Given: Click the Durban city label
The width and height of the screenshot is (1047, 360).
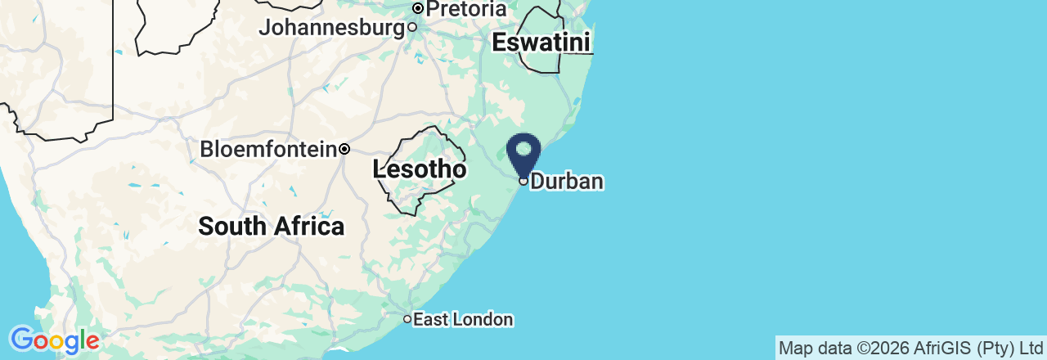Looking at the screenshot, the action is coord(567,181).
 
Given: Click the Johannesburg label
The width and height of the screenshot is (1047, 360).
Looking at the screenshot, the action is coord(331,27).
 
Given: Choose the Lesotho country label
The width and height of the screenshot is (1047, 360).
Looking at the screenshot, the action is coord(420,169).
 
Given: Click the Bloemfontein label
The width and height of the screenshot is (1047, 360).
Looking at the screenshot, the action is coord(269,149).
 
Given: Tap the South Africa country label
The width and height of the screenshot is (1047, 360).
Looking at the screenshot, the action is coord(271,226).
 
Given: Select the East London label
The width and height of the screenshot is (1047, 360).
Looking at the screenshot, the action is coord(463,319).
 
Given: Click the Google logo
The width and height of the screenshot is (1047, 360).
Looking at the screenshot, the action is coord(54,340).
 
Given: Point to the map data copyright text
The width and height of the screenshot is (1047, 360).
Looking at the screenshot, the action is coord(910,349).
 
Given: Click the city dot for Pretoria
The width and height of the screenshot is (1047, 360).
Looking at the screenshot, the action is coord(417,9).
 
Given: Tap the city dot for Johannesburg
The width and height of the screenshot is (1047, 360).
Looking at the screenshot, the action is coord(412,27).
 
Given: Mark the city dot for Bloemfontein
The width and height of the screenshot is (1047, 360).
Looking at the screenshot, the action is coord(345,149).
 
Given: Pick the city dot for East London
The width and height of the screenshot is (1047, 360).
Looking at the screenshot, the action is coord(407,319).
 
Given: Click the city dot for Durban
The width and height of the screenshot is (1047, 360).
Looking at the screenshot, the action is coord(523,181).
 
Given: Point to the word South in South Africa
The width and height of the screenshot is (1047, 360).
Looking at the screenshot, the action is coord(232,226).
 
